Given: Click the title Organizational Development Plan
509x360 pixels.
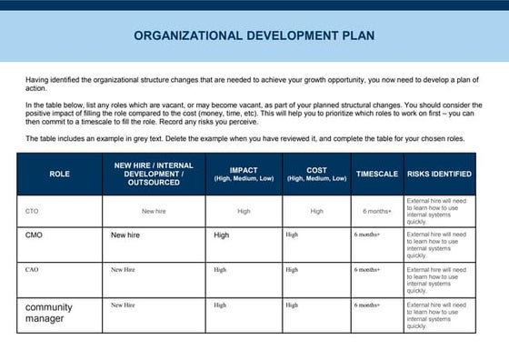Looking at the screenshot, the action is [x=254, y=36].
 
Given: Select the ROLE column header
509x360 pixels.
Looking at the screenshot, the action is [x=59, y=174].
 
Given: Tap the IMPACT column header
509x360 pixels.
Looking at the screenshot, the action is [x=243, y=174].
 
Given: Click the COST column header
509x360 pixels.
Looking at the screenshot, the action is [x=316, y=174].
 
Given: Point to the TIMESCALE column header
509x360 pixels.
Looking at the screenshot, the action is [x=376, y=174].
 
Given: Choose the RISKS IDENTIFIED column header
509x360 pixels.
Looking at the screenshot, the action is [x=439, y=174].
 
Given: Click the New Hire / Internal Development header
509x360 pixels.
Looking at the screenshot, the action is [x=154, y=174].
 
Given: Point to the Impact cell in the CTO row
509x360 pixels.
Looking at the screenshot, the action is [x=244, y=211].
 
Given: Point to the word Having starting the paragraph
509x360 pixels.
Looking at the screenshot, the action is [x=39, y=80].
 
